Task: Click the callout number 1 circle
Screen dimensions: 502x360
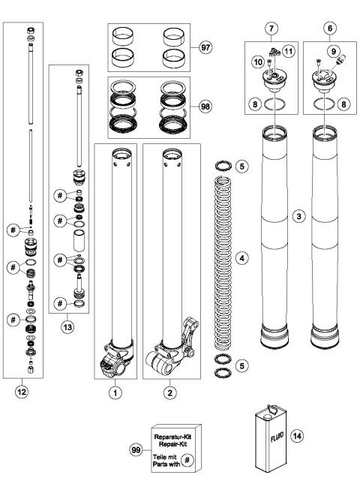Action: coord(114,391)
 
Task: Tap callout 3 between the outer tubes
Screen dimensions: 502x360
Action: coord(299,215)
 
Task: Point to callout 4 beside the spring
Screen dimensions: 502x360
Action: coord(241,257)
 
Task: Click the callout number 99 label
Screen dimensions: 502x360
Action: coord(136,448)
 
